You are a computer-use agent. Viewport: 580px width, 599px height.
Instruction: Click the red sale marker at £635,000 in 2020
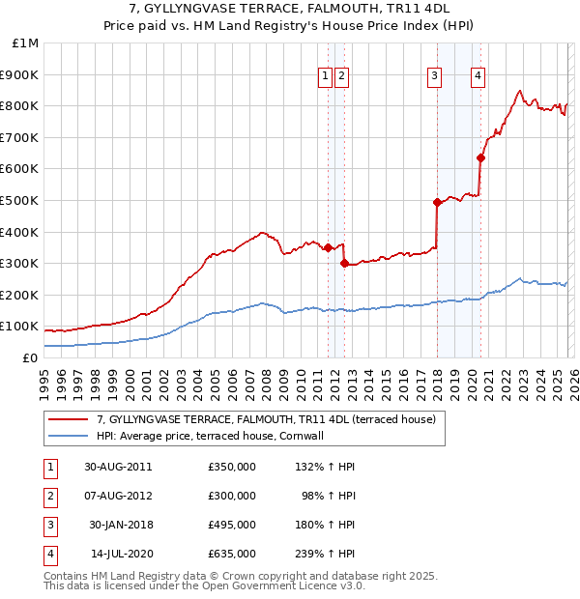click(480, 157)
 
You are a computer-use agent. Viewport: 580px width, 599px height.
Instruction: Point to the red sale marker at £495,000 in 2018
click(437, 202)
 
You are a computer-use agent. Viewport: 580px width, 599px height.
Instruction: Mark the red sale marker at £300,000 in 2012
click(344, 263)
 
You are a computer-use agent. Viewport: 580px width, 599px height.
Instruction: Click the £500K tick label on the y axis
click(19, 200)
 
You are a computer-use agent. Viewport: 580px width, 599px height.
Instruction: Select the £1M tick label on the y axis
click(25, 43)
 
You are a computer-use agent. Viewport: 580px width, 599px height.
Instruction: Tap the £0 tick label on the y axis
click(29, 357)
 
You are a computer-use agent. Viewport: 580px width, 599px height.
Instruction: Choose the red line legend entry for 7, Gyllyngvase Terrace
click(267, 419)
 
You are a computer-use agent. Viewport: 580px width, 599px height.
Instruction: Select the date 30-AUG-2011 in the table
click(118, 467)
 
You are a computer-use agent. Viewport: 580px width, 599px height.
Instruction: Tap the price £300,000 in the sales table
click(231, 496)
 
